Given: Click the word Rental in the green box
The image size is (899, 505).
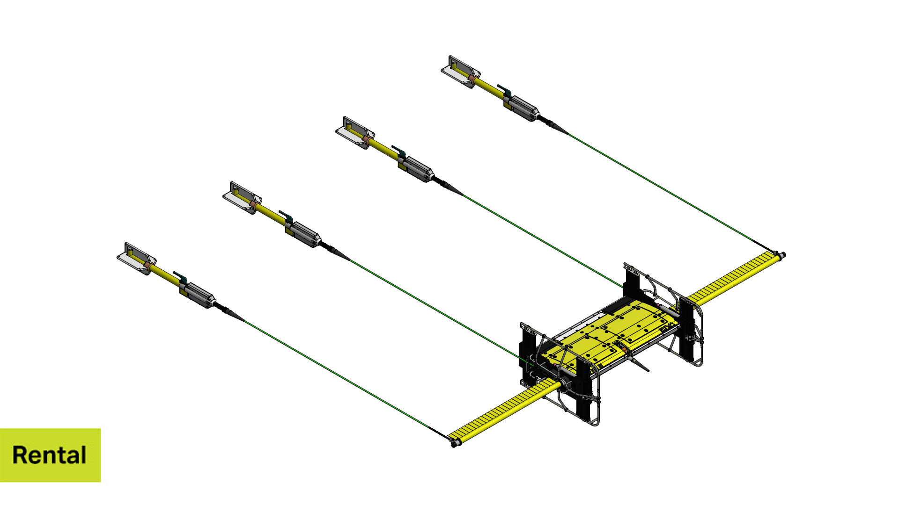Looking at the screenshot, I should (49, 455).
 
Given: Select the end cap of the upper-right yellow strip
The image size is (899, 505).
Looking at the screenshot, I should (782, 255).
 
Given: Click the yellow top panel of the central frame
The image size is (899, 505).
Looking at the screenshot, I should (613, 332).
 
